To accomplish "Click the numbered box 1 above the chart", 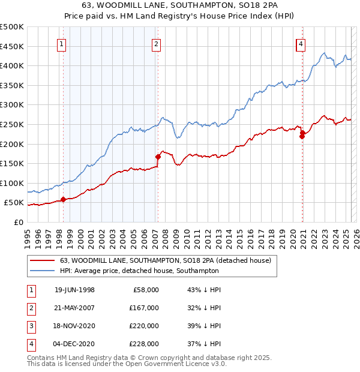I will (x=62, y=43).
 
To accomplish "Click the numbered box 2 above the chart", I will (x=156, y=43).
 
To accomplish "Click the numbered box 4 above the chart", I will (x=301, y=43).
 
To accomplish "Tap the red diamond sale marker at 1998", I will (x=63, y=199).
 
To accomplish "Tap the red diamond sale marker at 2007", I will (x=158, y=157).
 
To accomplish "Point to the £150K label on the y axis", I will (x=12, y=163).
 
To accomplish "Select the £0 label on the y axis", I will (x=18, y=222).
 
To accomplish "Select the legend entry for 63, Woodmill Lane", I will (x=166, y=260).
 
